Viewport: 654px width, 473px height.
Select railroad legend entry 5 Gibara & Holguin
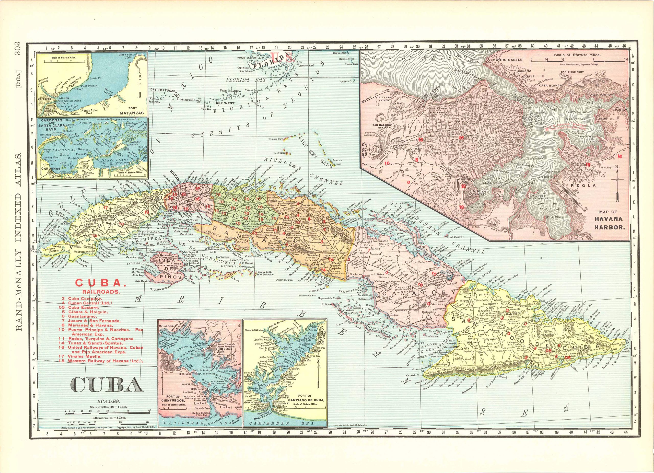coord(84,312)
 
